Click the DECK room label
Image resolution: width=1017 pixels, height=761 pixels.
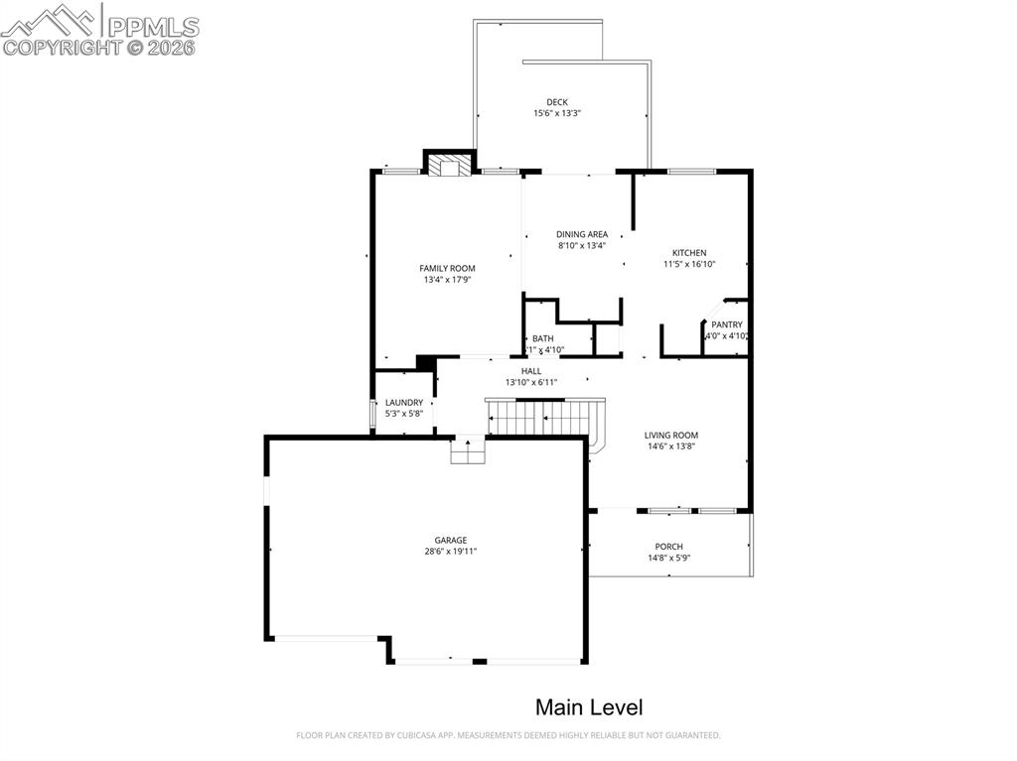coord(556,102)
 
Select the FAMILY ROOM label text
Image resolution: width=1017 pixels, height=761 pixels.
coord(447,268)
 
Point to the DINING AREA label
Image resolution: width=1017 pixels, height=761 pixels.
coord(582,234)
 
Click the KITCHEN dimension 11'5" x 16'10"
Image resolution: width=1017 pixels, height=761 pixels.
coord(689,264)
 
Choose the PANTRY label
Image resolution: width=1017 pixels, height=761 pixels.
coord(726,324)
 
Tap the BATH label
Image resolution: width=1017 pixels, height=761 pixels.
coord(542,338)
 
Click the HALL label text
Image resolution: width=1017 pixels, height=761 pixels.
coord(531,371)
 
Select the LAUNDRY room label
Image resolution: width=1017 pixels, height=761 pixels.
coord(404,402)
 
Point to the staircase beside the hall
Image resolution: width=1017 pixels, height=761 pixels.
coord(544,417)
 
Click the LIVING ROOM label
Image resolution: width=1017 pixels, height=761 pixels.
coord(670,435)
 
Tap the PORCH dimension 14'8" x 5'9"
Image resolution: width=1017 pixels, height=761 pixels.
coord(668,558)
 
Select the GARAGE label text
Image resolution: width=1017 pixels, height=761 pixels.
coord(450,540)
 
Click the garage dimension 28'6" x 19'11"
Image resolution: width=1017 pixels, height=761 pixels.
coord(450,551)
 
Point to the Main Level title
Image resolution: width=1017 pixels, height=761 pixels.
coord(589,707)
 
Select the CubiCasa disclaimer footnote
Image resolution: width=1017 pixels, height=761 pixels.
coord(508,735)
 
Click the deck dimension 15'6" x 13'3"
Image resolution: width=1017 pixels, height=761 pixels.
coord(556,113)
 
